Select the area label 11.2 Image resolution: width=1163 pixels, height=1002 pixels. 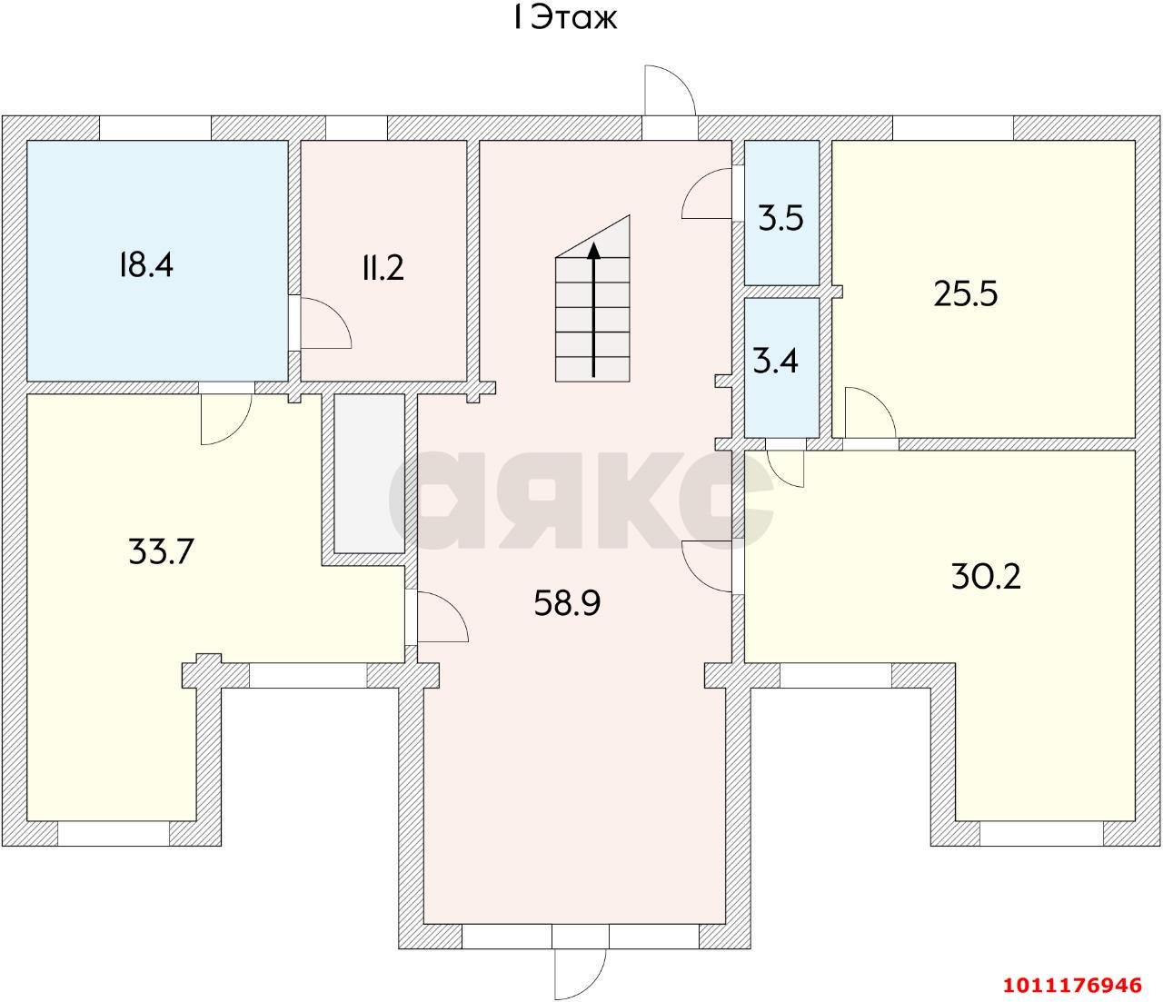382,268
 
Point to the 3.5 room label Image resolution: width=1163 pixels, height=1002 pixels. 781,219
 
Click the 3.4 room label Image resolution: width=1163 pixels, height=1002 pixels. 776,362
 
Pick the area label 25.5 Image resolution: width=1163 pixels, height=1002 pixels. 966,293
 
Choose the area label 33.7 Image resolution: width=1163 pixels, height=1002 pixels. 162,551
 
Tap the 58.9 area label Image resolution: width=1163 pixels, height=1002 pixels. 567,602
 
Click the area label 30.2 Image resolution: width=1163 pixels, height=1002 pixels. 986,576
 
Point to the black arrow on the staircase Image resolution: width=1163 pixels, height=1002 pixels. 594,309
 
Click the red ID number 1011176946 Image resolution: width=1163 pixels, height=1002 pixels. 1071,985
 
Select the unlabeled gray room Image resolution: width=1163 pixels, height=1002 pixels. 369,472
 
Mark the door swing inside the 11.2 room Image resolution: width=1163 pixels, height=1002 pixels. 324,323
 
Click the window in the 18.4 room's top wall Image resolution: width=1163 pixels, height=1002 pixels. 154,128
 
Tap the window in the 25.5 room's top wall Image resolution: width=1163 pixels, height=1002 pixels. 952,128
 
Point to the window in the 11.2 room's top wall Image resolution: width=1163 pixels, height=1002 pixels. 356,128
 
